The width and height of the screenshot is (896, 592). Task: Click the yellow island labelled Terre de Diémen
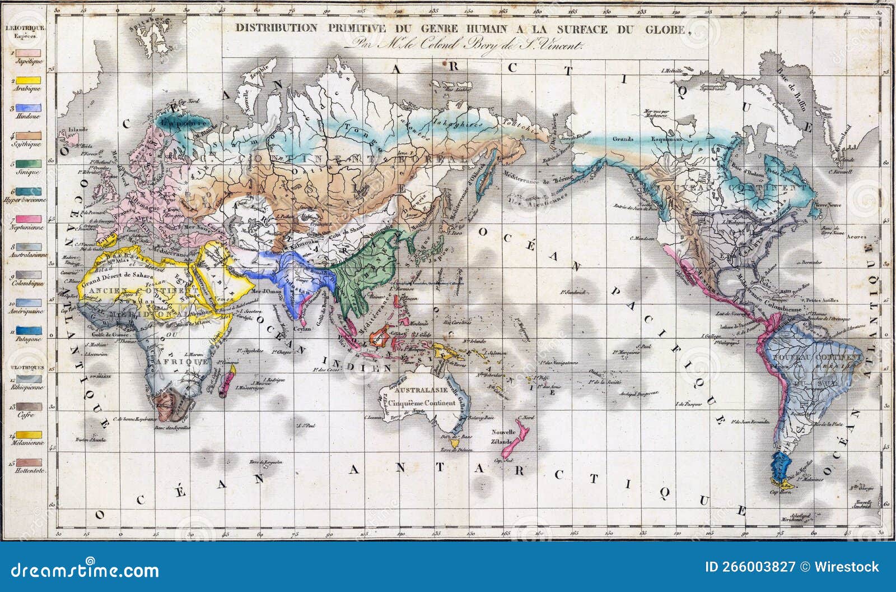pos(455,442)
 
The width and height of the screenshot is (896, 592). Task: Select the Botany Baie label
pos(481,417)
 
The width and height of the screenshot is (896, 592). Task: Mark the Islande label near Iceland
pos(78,129)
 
